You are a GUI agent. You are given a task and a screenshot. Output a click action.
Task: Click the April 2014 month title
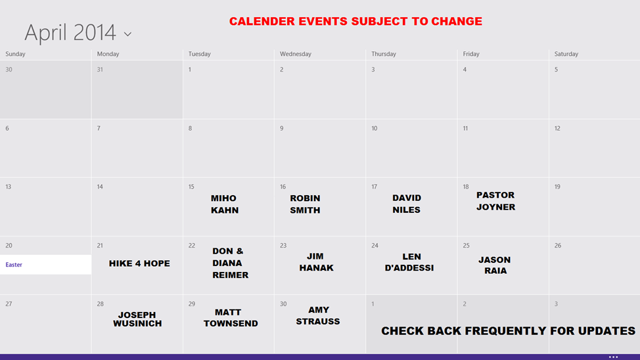70,33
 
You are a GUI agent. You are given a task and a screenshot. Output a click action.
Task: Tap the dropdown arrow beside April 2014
127,35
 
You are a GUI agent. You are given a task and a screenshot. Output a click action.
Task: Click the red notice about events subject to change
355,21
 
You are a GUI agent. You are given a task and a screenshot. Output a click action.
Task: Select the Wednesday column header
296,54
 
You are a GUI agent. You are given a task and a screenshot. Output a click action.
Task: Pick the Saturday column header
566,54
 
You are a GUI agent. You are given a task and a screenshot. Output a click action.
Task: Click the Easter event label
14,265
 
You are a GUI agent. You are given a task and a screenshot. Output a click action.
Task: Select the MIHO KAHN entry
225,204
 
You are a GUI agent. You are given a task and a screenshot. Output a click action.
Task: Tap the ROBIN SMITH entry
305,204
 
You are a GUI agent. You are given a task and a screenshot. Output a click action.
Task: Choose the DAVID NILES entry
407,204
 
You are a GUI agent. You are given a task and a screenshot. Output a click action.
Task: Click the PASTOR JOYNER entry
495,201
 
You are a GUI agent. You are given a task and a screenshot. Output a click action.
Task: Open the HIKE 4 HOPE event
139,263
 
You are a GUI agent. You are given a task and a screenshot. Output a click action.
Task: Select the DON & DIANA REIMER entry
230,263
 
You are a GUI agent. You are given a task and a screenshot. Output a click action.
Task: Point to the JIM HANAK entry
316,262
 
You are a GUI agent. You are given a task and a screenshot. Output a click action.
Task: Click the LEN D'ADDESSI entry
409,262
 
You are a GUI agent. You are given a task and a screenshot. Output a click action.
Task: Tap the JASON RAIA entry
495,265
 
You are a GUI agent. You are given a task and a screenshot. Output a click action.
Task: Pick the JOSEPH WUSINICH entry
137,319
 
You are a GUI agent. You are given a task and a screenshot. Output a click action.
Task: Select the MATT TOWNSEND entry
231,318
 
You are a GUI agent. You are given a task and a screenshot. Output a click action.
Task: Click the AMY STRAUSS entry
318,315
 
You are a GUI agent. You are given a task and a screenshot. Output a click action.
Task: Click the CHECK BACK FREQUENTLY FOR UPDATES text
508,331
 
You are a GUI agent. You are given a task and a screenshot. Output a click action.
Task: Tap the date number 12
557,128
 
